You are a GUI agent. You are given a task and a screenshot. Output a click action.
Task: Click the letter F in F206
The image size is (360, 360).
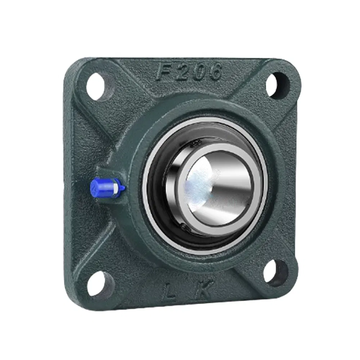(x=162, y=72)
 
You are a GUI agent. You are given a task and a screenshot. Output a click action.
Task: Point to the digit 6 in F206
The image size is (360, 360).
(x=215, y=72)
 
